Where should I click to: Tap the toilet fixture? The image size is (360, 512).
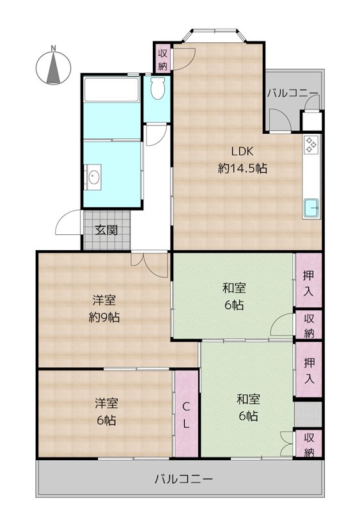(158, 88)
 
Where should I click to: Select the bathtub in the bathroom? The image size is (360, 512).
(112, 90)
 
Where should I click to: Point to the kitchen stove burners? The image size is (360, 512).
(311, 145)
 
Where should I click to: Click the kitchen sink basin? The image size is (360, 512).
(311, 209)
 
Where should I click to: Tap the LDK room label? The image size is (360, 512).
(242, 151)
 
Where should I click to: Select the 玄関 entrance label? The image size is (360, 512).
(106, 230)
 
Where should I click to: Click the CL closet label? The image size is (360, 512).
(185, 415)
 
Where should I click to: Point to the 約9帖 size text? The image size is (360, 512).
(104, 317)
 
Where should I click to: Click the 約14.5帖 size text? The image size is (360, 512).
(242, 168)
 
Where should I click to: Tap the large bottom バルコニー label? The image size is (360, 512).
(184, 479)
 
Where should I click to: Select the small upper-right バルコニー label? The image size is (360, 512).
(292, 93)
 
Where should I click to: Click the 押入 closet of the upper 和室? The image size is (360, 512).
(308, 280)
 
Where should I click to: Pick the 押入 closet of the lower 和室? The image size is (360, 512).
(308, 369)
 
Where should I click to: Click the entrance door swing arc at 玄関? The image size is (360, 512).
(67, 222)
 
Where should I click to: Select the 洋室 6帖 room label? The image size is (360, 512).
(106, 412)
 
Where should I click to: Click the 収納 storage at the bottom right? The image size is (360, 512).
(308, 444)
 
